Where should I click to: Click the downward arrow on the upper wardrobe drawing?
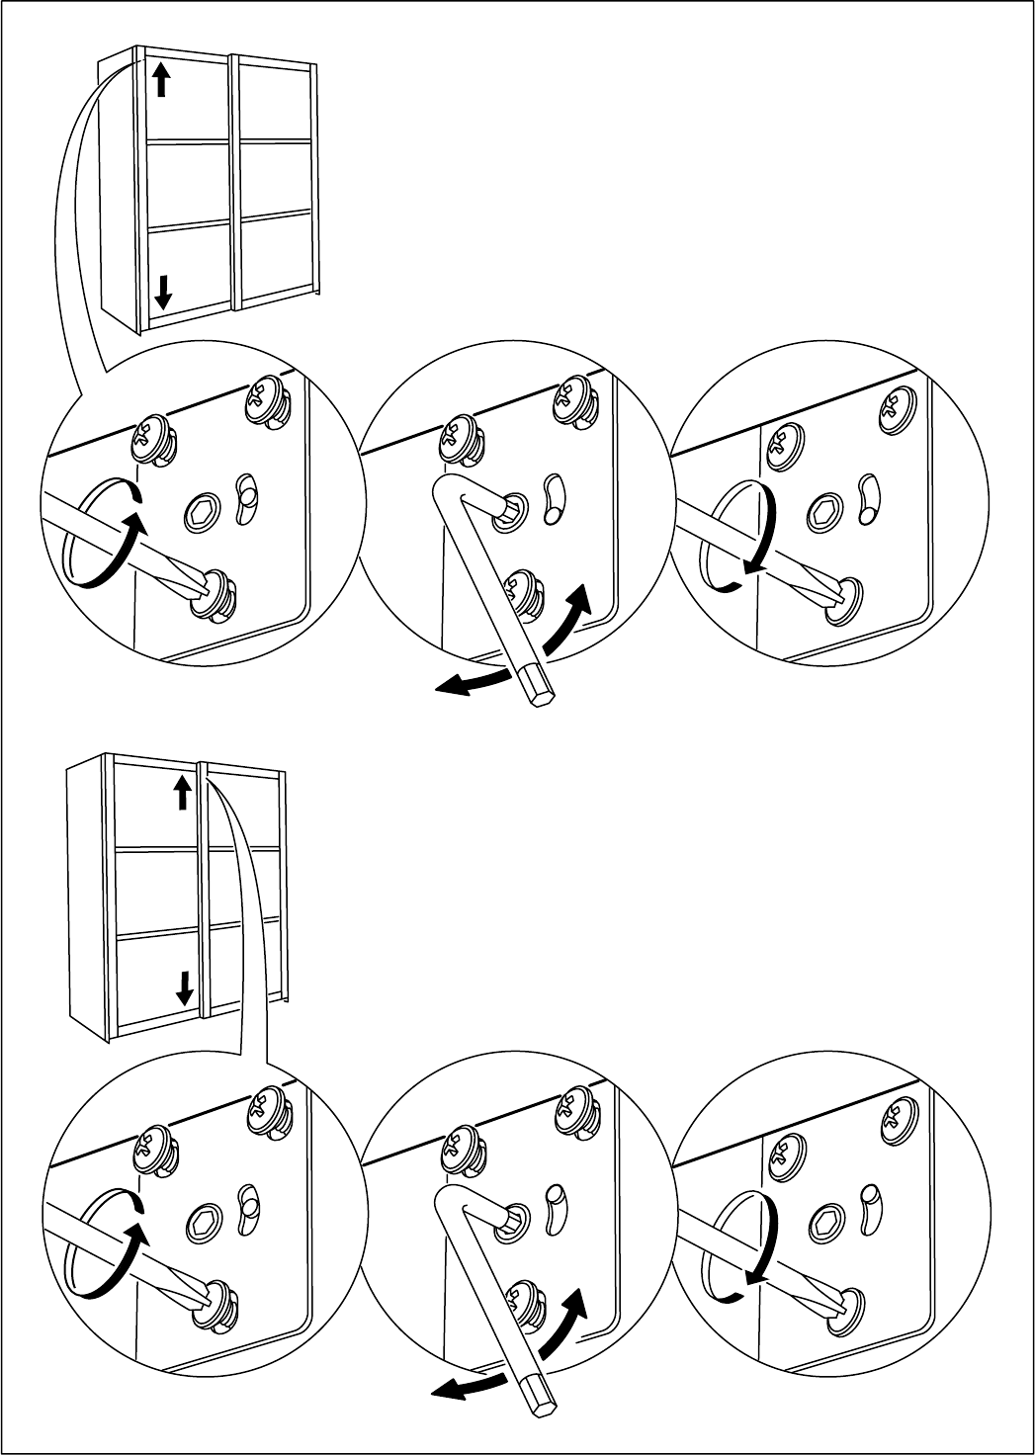(164, 290)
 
